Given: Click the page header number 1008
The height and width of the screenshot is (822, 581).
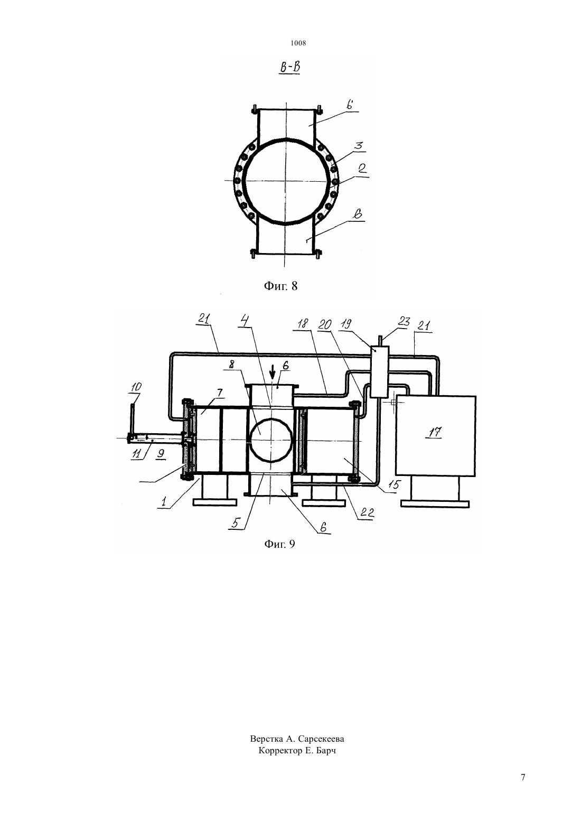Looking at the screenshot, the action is click(298, 43).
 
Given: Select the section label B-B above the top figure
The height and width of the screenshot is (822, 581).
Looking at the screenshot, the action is click(290, 68).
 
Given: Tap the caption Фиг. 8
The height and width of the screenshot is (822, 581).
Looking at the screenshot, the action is click(280, 286).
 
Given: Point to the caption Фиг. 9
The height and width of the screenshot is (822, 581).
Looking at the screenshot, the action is click(279, 544).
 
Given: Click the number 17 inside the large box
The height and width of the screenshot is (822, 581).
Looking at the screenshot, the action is click(435, 432).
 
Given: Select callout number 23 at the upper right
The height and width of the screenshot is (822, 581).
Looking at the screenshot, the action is click(404, 322).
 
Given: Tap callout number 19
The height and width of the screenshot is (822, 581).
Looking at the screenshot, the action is click(346, 324).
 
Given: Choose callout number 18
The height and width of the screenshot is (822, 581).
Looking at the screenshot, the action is click(303, 323).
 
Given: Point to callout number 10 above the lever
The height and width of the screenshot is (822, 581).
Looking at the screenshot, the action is click(136, 387).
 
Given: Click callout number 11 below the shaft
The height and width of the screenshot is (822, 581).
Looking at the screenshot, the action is click(136, 454).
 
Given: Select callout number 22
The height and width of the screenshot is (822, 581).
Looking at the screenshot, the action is click(367, 512).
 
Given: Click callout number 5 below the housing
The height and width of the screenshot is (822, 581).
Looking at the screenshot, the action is click(236, 523).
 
